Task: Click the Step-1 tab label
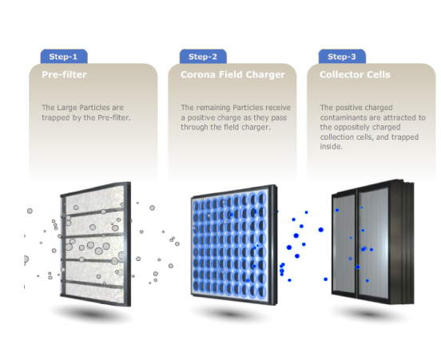pos(63,57)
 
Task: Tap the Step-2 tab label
pos(202,57)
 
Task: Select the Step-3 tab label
pos(342,57)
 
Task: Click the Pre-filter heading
pos(64,74)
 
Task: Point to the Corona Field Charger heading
pos(232,74)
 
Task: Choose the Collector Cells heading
pos(355,74)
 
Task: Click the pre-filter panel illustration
pos(96,243)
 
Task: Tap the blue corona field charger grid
pos(233,244)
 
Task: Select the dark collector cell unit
pos(372,242)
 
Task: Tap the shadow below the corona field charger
pos(231,313)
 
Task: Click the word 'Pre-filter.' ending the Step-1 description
pos(114,117)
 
